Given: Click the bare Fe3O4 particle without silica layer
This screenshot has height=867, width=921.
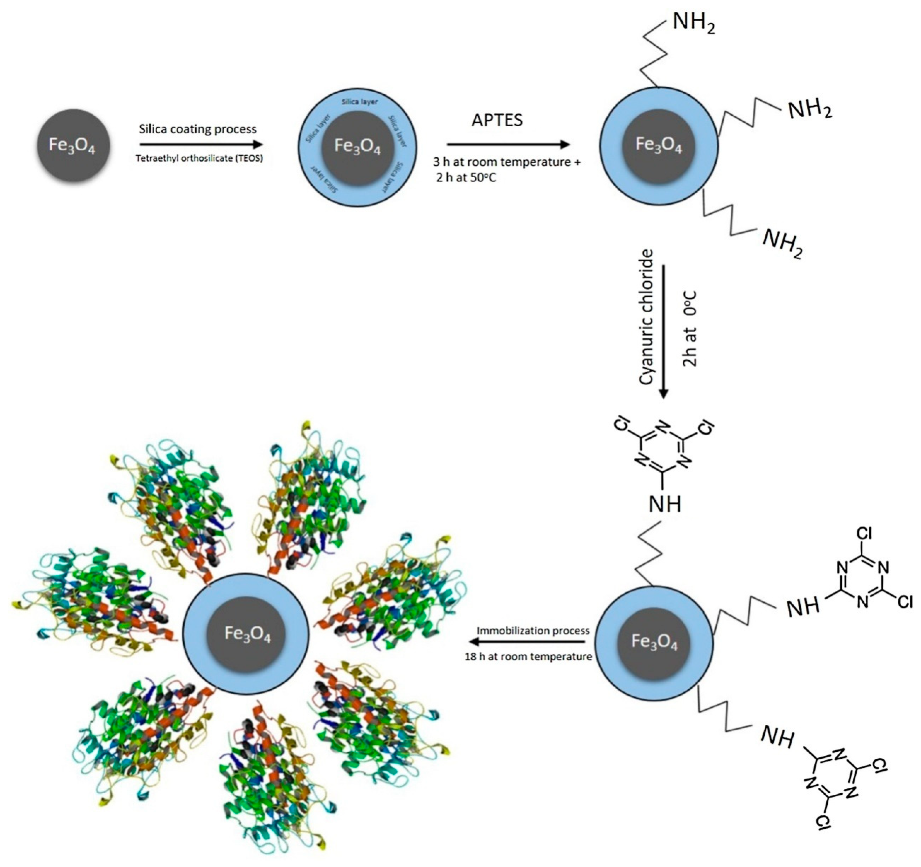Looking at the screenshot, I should [73, 145].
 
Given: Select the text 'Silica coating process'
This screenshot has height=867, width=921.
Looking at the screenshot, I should [198, 129].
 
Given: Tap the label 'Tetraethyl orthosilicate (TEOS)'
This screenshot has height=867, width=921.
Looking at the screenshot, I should [199, 158].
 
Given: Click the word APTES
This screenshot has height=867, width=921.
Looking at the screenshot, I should [497, 120].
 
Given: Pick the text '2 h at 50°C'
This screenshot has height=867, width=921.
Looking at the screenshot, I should [466, 177].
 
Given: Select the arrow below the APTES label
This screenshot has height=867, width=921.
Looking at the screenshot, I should [508, 145].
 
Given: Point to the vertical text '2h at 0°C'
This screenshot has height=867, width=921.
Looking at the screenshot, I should [690, 328].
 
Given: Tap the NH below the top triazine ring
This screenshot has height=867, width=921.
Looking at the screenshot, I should [665, 504].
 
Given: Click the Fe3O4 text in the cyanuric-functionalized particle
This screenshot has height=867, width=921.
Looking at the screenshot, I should [654, 643].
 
